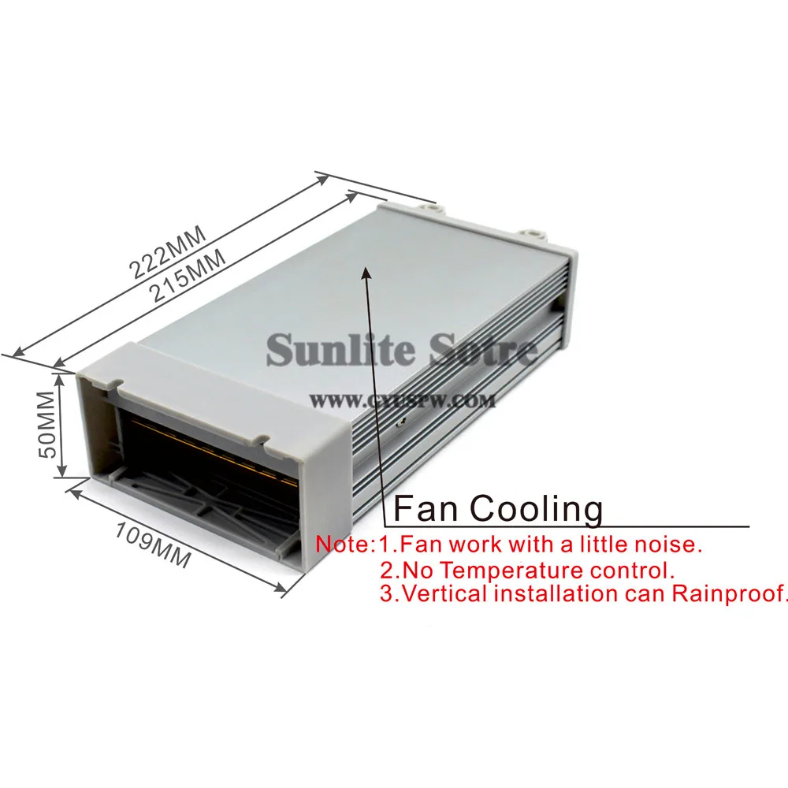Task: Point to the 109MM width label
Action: point(153,544)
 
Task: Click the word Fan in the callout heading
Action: point(422,508)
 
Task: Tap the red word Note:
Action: point(344,544)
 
